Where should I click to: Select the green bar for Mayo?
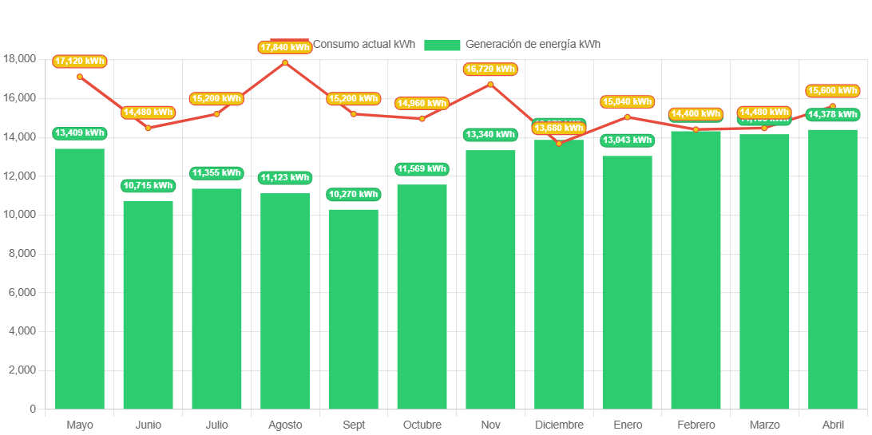coord(80,279)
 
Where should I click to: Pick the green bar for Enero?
coord(627,283)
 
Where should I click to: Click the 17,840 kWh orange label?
coord(285,47)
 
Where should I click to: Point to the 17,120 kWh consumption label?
coord(80,61)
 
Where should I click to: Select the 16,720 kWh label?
coord(490,69)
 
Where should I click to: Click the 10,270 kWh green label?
coord(354,195)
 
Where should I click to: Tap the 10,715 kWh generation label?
coord(149,186)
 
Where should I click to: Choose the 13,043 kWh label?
coord(627,140)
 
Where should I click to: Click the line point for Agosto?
coord(285,62)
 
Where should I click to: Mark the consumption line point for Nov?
coord(490,84)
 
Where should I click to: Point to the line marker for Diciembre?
coord(559,143)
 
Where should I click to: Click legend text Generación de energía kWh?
coord(533,45)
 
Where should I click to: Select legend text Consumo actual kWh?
coord(363,45)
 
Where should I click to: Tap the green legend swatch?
coord(442,45)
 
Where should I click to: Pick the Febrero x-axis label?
coord(696,425)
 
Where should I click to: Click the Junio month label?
coord(149,425)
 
